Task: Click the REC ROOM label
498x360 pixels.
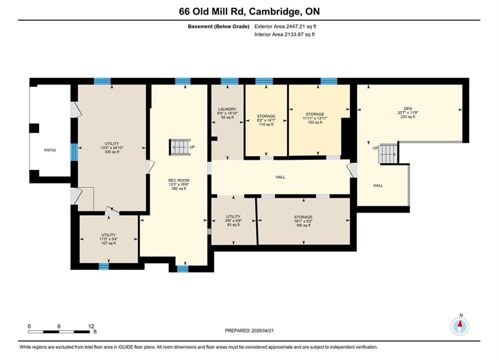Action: (179, 180)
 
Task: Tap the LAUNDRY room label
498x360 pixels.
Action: (227, 109)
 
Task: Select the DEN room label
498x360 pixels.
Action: (408, 108)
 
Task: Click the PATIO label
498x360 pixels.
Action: (50, 150)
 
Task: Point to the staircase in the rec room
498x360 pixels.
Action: (180, 147)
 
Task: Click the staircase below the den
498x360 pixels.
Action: (388, 154)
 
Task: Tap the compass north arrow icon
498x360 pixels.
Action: (459, 325)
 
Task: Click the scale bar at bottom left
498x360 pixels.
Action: (59, 332)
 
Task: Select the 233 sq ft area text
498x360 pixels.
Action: (408, 116)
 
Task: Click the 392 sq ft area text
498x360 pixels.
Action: (179, 188)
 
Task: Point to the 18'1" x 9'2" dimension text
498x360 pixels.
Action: (303, 221)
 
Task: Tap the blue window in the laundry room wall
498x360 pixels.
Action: (230, 81)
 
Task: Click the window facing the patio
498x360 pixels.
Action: (74, 152)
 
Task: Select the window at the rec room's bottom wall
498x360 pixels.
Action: (183, 269)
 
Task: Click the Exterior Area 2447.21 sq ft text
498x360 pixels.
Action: (285, 26)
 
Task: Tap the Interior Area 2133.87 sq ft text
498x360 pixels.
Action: (285, 34)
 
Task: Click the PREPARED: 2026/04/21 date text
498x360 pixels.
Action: (249, 330)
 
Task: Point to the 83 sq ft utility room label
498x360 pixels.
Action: (233, 225)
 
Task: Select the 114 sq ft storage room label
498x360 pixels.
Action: (266, 124)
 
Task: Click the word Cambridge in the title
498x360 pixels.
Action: (275, 11)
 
